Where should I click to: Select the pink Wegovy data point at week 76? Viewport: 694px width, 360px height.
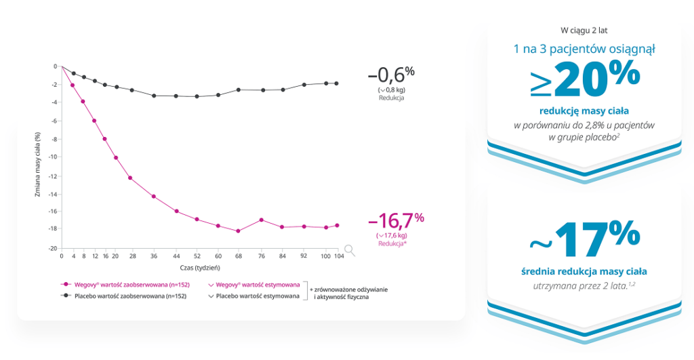(x=261, y=220)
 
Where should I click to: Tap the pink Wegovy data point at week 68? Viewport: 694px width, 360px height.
(x=238, y=231)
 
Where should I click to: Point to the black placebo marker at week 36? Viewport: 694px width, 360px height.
(x=154, y=96)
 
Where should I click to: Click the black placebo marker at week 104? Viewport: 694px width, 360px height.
(x=337, y=83)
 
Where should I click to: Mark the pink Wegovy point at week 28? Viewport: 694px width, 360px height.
(x=130, y=178)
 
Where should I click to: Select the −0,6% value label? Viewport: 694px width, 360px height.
(x=391, y=74)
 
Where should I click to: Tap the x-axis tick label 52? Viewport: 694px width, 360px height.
(x=197, y=257)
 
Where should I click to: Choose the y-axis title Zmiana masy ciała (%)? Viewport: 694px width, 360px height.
(x=39, y=157)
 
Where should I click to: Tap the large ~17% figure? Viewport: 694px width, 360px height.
(x=585, y=240)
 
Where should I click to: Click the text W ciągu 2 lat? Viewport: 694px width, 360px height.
(x=584, y=30)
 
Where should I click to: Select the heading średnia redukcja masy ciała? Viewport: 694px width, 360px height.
(x=584, y=272)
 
